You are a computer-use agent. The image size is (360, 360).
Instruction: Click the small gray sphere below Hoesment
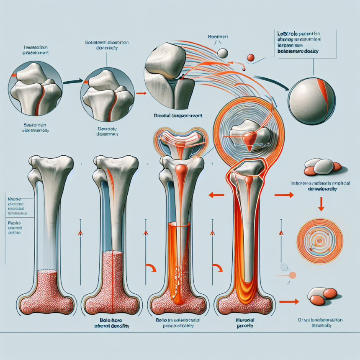[223, 53]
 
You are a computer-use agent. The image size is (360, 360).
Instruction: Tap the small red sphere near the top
[251, 58]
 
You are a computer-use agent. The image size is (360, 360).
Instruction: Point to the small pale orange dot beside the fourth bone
[293, 275]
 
